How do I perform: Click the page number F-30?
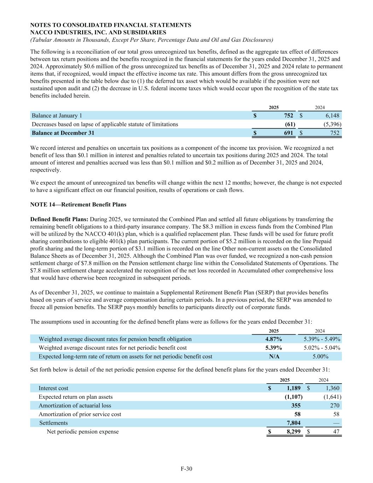tap(186, 469)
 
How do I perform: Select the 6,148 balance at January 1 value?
tap(332, 115)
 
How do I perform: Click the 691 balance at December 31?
tap(289, 133)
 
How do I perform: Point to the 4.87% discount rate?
tap(273, 339)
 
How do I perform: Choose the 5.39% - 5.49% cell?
tap(322, 339)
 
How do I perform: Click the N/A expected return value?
tap(274, 356)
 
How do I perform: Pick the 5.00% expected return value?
tap(321, 356)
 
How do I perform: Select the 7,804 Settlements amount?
tap(293, 423)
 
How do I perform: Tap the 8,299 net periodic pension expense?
tap(293, 432)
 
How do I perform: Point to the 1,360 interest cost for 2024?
tap(332, 388)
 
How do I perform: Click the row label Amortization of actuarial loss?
tap(75, 406)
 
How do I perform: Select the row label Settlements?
tap(53, 423)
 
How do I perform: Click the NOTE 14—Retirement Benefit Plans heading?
tap(78, 205)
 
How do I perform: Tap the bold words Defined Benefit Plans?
tap(59, 219)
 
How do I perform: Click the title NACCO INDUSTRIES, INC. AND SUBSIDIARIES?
tap(98, 32)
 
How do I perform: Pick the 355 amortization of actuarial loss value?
tap(296, 406)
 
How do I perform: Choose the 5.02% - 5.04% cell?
tap(322, 347)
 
